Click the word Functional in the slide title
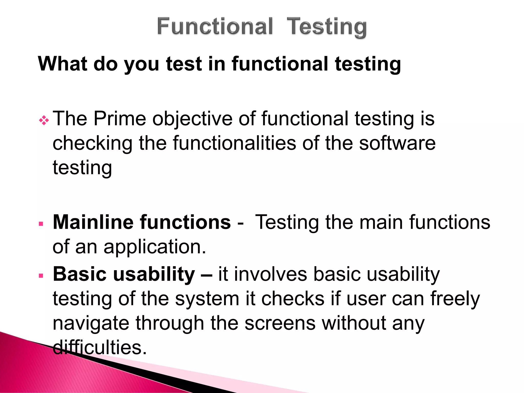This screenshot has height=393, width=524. (x=215, y=26)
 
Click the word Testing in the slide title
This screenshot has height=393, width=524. (x=327, y=27)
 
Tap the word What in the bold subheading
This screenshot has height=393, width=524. (x=63, y=64)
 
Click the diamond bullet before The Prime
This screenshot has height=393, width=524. (x=44, y=120)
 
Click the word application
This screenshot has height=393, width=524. (x=155, y=247)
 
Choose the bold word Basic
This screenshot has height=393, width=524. (x=79, y=274)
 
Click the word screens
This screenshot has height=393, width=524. (x=280, y=323)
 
